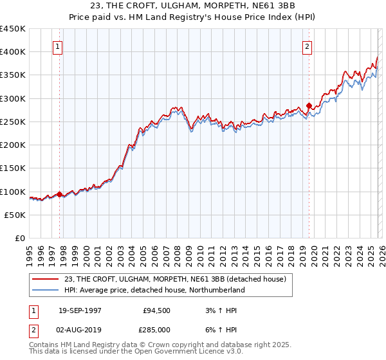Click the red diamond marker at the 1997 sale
point(60,194)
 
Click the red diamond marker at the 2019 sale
point(309,105)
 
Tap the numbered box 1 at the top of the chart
point(58,46)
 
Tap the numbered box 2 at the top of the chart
point(308,46)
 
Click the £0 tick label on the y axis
point(21,239)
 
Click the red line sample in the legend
point(47,278)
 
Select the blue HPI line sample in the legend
point(47,290)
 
